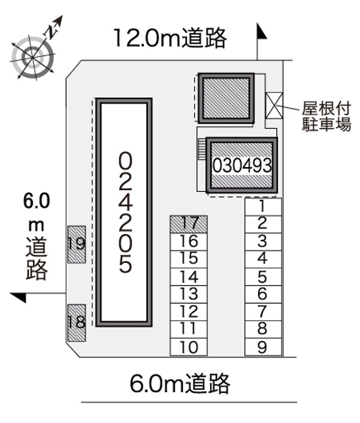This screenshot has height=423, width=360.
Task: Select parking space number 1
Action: point(263,207)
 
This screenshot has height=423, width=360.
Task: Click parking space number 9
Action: point(263,347)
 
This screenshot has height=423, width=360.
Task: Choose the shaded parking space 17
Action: point(189,224)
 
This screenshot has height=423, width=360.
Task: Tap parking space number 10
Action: point(189,347)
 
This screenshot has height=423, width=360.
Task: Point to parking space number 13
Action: point(189,294)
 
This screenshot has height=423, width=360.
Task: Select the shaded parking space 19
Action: point(76,244)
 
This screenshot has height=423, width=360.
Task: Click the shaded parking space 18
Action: point(76,323)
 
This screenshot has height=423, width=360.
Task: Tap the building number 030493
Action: point(242,166)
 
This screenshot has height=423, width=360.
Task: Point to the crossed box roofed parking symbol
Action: point(274,105)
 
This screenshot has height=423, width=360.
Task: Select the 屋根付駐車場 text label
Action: point(326,117)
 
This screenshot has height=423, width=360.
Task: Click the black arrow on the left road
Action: point(19,297)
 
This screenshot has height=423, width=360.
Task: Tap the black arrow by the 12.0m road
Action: point(261,31)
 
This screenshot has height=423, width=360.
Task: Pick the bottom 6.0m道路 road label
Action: point(180,383)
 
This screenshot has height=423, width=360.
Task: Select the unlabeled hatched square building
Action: point(226,98)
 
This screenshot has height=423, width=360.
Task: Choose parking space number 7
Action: point(263,312)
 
